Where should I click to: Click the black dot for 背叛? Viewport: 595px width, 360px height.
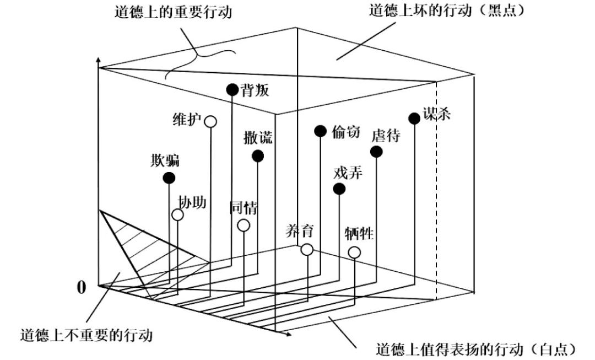[x=232, y=89]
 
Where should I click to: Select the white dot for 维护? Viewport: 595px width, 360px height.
[x=210, y=121]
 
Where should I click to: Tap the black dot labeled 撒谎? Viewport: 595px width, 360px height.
[x=258, y=156]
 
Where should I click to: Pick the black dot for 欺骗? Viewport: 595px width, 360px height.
[x=169, y=178]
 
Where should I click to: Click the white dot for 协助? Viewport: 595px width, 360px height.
[x=177, y=215]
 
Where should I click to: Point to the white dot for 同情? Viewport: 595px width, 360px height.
[x=244, y=225]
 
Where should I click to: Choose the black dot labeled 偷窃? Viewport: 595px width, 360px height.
[x=320, y=131]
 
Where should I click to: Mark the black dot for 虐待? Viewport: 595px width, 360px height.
[x=376, y=152]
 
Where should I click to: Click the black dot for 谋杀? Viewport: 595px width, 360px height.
[x=414, y=118]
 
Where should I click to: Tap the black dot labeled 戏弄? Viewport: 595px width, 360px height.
[x=339, y=189]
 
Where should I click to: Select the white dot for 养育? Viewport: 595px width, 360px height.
[x=307, y=250]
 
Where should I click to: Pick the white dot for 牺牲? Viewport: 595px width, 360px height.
[x=354, y=252]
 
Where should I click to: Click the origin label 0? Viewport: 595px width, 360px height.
[x=82, y=287]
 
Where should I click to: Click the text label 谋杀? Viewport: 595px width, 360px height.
[x=437, y=114]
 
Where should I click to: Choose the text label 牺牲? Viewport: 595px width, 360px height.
[x=360, y=234]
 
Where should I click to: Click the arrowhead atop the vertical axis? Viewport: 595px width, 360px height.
[x=99, y=58]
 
